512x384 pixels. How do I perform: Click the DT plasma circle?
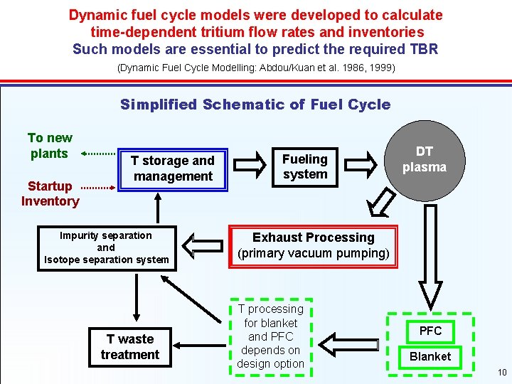click(425, 160)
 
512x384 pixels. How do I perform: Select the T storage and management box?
click(173, 169)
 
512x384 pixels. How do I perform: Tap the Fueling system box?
click(305, 167)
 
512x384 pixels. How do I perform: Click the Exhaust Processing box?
click(313, 245)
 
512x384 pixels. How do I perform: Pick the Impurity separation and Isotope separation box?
click(106, 247)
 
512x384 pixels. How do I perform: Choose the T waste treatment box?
click(129, 347)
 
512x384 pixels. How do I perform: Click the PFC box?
click(430, 331)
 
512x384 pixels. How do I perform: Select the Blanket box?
click(430, 356)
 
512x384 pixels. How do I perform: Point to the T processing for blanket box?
click(271, 336)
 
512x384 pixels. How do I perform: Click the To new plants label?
click(50, 146)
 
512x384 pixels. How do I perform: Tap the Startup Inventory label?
click(50, 193)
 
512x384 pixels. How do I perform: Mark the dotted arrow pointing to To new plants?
click(99, 153)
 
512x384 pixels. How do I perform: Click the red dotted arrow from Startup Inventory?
click(97, 188)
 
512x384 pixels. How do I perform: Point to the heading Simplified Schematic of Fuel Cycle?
click(255, 105)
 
